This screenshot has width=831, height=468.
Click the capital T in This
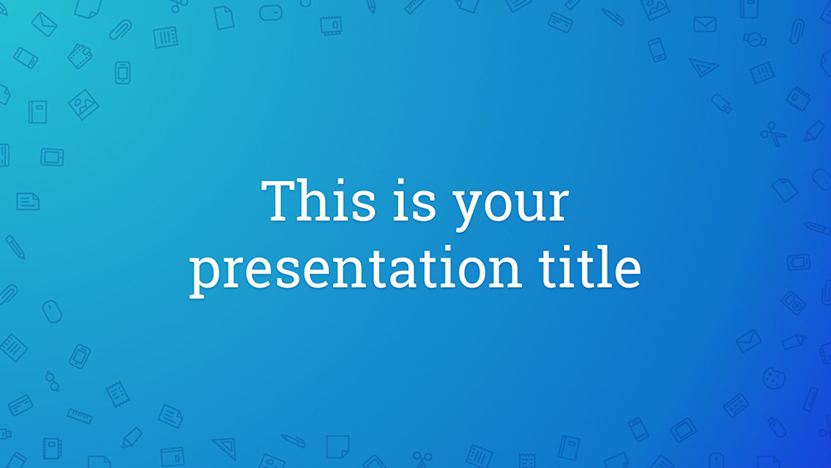(x=280, y=201)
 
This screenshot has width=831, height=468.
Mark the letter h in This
(x=319, y=200)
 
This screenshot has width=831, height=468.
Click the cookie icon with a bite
(x=774, y=378)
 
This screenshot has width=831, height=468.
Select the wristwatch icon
(x=755, y=39)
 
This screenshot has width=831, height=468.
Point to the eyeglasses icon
(x=52, y=381)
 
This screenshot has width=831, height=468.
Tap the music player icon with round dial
(x=794, y=303)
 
